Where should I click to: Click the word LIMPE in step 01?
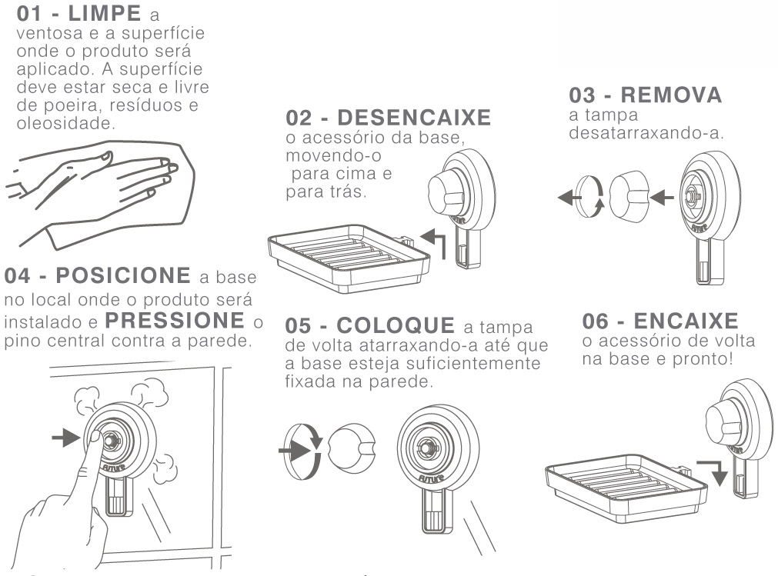click(104, 13)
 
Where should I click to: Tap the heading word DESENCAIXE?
click(414, 118)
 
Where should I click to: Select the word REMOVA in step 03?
click(671, 95)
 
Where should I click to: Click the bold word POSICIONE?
click(123, 275)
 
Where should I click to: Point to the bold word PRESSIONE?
click(175, 321)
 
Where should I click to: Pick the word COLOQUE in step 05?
click(396, 325)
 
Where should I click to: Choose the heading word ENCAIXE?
click(686, 321)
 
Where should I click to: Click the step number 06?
click(596, 321)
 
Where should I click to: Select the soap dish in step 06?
click(626, 488)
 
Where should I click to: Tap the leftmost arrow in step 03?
click(569, 198)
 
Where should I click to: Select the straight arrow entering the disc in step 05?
click(294, 451)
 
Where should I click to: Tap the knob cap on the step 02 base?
click(446, 192)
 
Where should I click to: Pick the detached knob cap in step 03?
click(629, 196)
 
